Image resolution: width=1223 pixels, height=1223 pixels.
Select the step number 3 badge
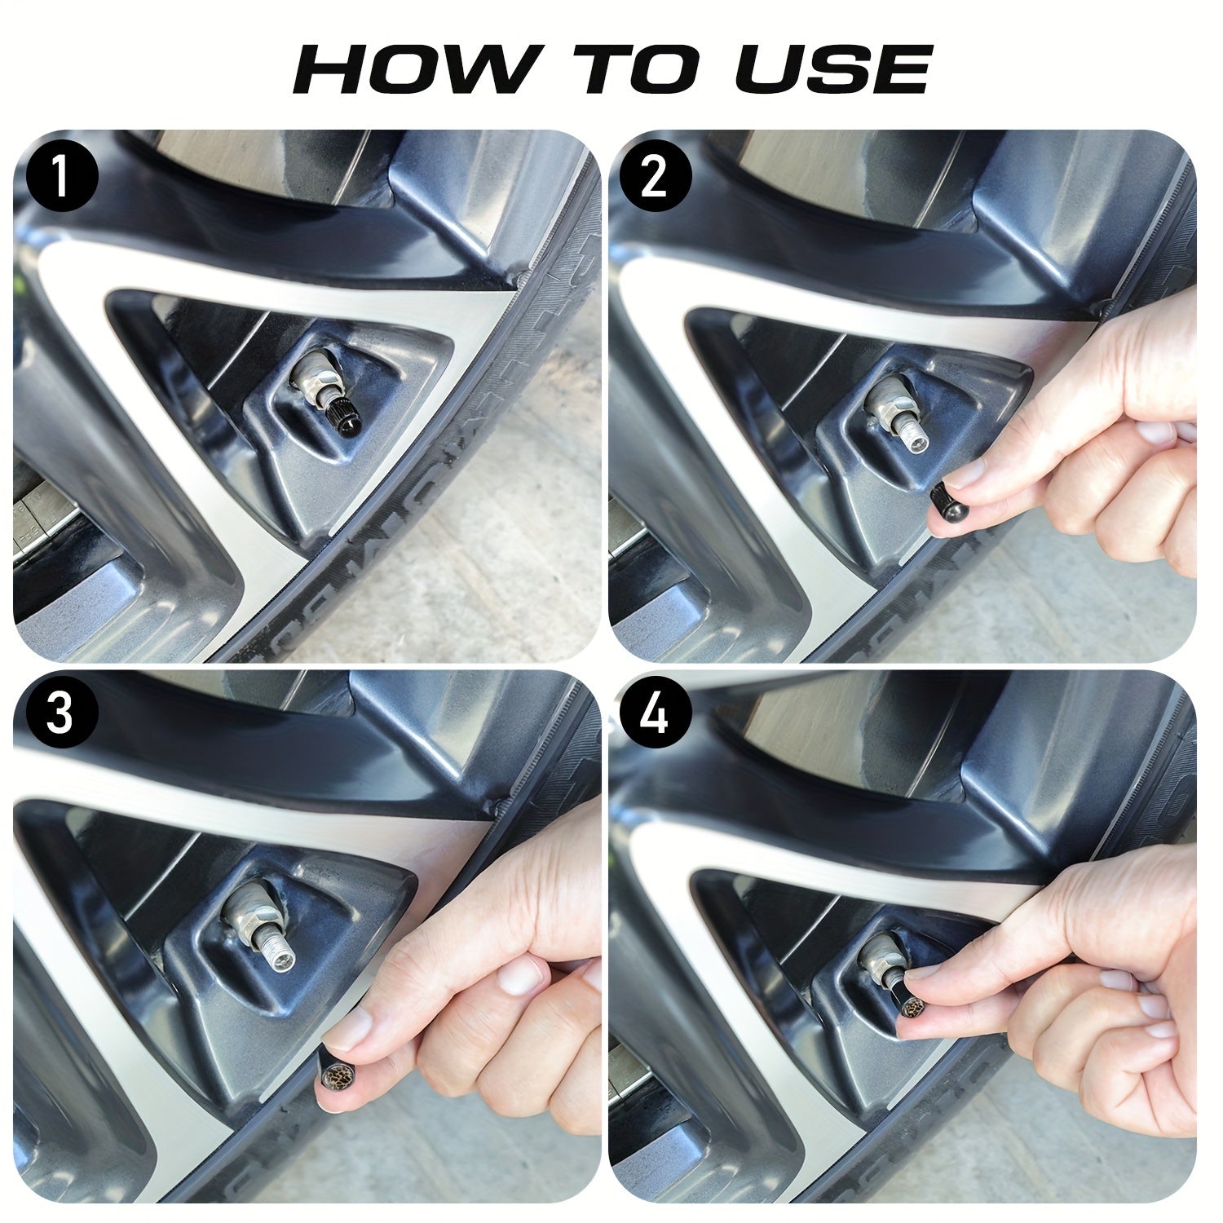61,713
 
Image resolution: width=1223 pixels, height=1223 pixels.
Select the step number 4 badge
655,713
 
